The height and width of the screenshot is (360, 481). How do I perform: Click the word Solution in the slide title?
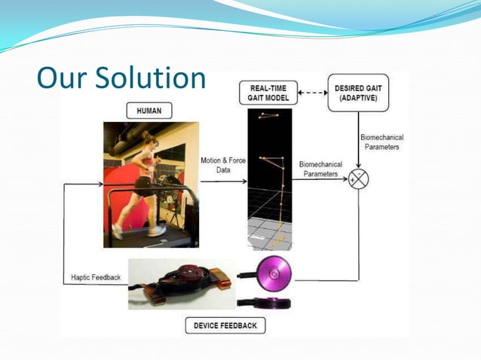[143, 78]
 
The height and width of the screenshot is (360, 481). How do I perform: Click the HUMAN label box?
[149, 111]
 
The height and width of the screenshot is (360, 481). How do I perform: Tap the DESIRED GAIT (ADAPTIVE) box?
[357, 93]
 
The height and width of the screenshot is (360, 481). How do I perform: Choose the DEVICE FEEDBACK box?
[225, 326]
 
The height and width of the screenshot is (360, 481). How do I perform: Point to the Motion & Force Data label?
[219, 165]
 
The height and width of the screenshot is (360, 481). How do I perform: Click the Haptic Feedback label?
[95, 277]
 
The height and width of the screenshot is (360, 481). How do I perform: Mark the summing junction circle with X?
[359, 180]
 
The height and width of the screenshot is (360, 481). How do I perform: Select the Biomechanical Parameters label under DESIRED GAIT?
[381, 142]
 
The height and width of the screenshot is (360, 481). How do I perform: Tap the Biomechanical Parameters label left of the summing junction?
[320, 169]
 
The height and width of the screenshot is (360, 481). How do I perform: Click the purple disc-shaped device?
[274, 276]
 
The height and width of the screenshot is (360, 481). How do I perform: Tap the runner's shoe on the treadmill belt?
[156, 230]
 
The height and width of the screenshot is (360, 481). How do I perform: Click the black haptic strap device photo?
[181, 282]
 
